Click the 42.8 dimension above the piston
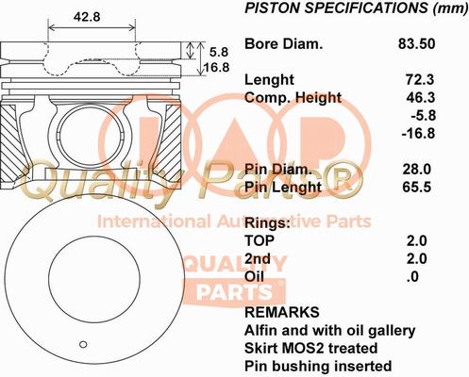click(88, 15)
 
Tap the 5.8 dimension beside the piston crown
click(219, 52)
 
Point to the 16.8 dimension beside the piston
click(218, 68)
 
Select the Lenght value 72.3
click(417, 80)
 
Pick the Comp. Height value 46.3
click(417, 98)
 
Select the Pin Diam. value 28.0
click(417, 170)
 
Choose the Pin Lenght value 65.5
click(417, 188)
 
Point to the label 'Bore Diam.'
click(283, 44)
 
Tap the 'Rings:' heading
click(266, 223)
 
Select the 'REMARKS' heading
click(281, 312)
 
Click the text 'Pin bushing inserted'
click(317, 366)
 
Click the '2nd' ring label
click(258, 258)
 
